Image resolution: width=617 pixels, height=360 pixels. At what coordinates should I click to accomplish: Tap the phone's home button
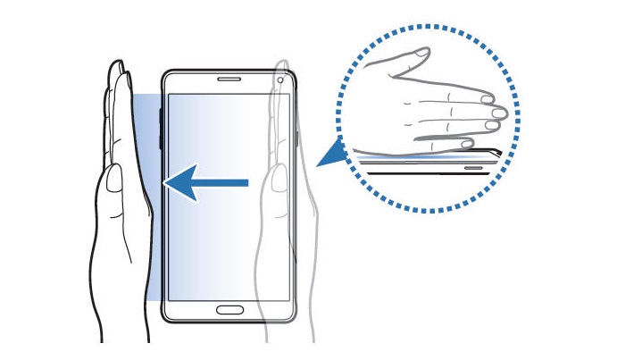(x=230, y=310)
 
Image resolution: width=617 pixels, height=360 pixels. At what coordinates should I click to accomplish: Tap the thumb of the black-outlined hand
(x=113, y=183)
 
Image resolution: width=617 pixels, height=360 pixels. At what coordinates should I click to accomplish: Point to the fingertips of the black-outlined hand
(x=115, y=67)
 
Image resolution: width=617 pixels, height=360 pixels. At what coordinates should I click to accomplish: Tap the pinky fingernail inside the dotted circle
(x=467, y=142)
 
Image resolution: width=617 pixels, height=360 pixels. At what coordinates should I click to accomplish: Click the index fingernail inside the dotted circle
(x=487, y=96)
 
